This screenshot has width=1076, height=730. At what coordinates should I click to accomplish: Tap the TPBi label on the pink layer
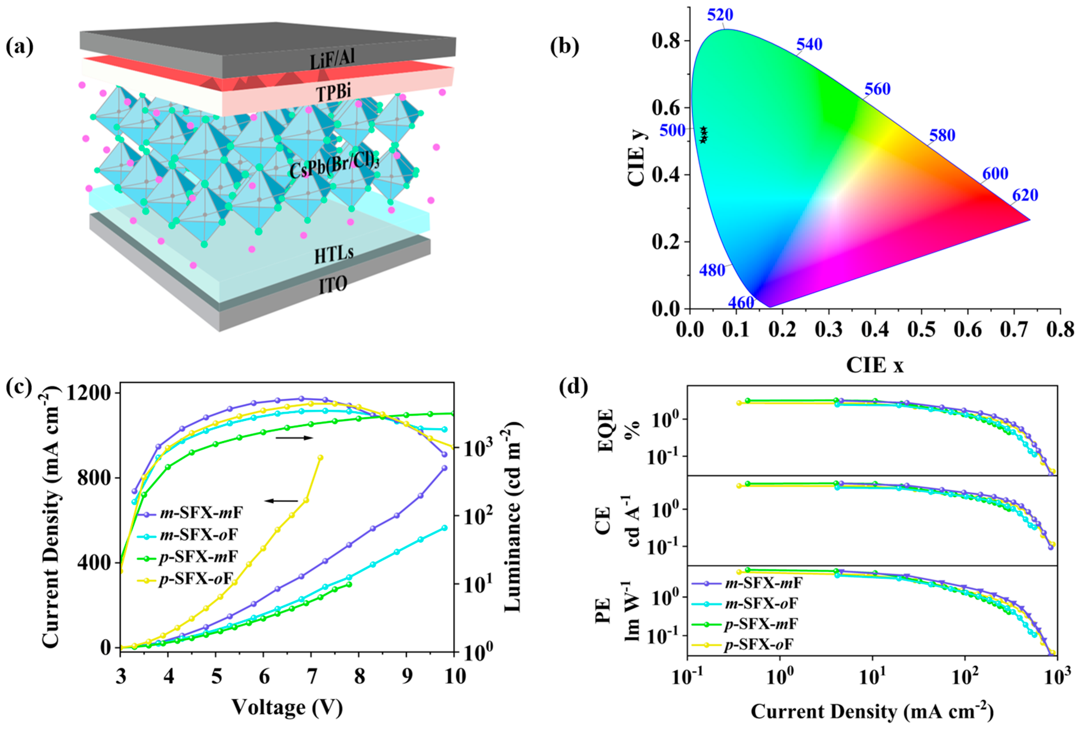tap(333, 92)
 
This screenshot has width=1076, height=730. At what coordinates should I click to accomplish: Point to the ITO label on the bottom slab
tap(333, 284)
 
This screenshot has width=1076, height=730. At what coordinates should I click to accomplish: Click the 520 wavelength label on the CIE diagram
tap(720, 15)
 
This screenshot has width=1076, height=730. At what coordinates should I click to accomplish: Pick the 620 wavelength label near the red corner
tap(1025, 195)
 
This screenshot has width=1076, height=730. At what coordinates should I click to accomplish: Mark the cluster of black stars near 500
tap(703, 134)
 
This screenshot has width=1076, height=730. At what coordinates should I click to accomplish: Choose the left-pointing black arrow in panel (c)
tap(282, 500)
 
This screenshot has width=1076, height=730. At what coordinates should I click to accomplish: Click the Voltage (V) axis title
tap(287, 707)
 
